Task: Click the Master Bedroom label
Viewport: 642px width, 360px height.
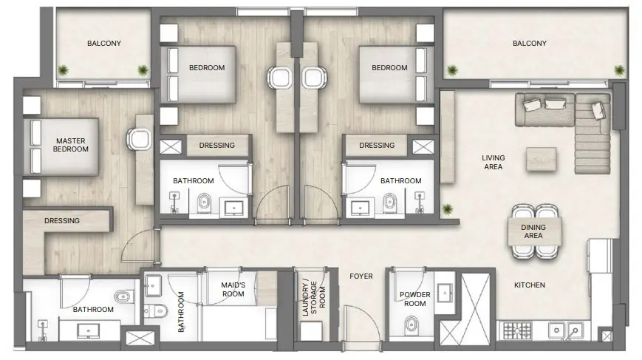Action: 70,144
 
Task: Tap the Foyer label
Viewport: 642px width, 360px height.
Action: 361,276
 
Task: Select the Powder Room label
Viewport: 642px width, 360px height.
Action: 414,299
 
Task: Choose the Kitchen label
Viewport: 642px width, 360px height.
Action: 530,285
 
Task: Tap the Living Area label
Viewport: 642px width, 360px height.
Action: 493,162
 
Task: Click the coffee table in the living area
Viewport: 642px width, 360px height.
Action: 542,158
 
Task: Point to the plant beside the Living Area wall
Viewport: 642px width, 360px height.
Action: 446,210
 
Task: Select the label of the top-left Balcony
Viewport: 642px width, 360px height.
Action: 104,44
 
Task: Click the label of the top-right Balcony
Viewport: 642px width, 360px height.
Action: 529,44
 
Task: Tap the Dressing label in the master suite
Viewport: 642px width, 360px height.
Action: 62,220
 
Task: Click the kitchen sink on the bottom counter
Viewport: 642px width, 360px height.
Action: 568,330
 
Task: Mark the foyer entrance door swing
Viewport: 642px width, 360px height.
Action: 361,325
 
